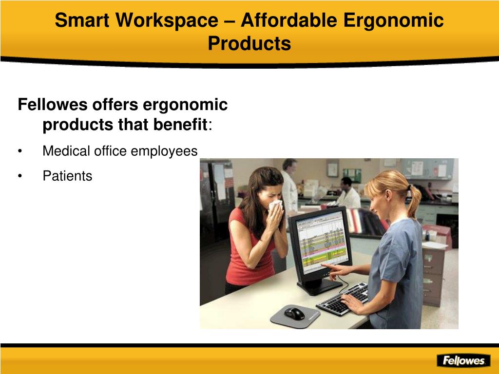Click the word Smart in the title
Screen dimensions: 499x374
pyautogui.click(x=82, y=20)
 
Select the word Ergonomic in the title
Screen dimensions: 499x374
pyautogui.click(x=393, y=20)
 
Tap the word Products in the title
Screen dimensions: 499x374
pyautogui.click(x=249, y=43)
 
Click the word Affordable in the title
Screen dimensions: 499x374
pyautogui.click(x=289, y=20)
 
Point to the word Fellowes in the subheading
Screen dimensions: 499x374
pyautogui.click(x=53, y=104)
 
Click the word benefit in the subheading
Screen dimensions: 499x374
pyautogui.click(x=180, y=124)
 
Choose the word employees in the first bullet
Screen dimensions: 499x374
pyautogui.click(x=164, y=151)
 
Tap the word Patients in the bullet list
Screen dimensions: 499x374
pyautogui.click(x=67, y=176)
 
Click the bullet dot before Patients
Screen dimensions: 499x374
pyautogui.click(x=20, y=176)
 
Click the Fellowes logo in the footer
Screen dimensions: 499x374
pyautogui.click(x=464, y=360)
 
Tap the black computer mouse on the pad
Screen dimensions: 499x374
pyautogui.click(x=294, y=314)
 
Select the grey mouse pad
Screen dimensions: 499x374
pyautogui.click(x=295, y=316)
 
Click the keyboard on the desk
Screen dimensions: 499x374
pyautogui.click(x=343, y=299)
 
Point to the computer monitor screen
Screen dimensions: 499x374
pyautogui.click(x=321, y=242)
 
